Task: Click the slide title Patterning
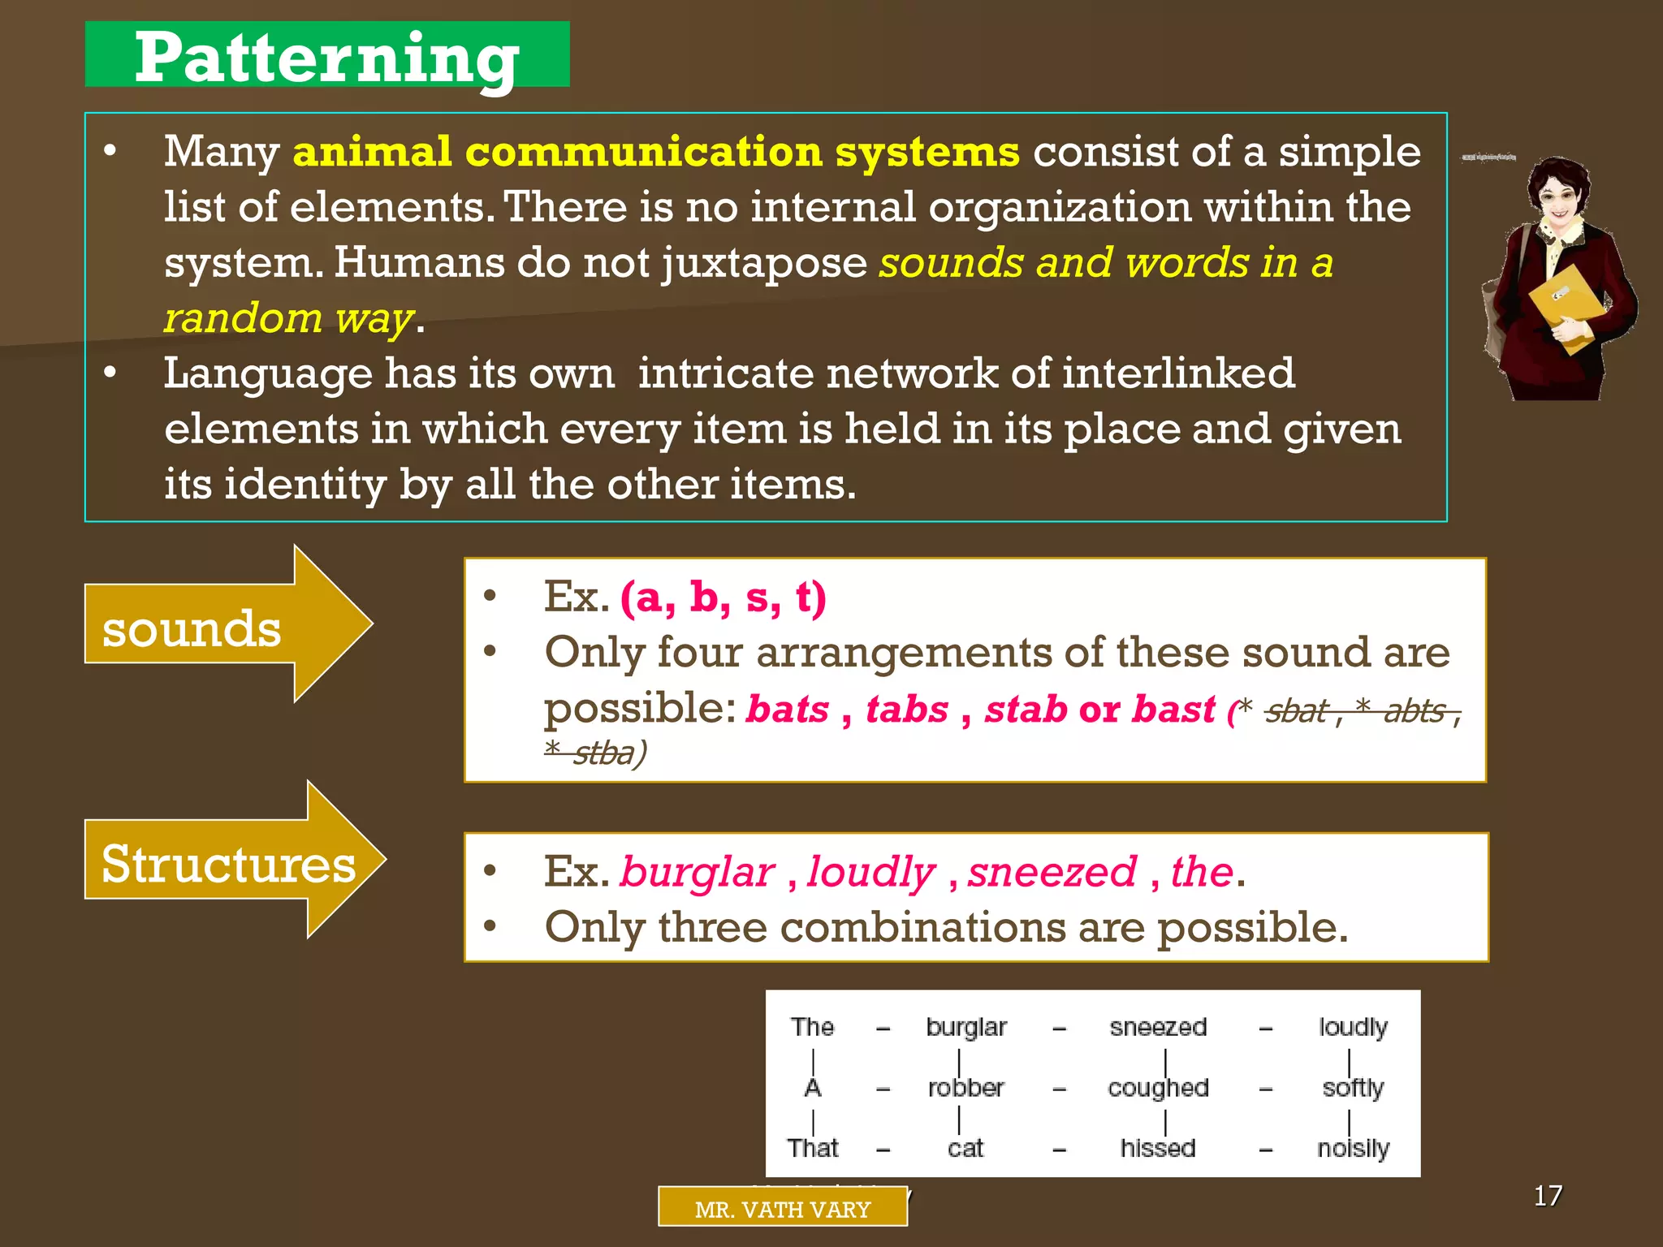[x=326, y=57]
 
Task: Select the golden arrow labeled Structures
[x=228, y=862]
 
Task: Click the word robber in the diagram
[x=965, y=1087]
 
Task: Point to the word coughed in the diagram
[x=1158, y=1088]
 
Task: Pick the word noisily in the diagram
[x=1353, y=1148]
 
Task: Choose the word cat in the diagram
[x=965, y=1148]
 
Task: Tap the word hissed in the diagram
[x=1158, y=1148]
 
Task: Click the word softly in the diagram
[x=1353, y=1088]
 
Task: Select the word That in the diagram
[x=812, y=1148]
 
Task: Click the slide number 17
[x=1548, y=1195]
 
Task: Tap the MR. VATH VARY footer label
[x=782, y=1209]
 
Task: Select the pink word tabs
[x=907, y=709]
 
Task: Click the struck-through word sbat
[x=1296, y=711]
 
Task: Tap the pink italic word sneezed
[x=1052, y=872]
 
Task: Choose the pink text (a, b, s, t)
[x=723, y=598]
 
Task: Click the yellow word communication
[x=644, y=152]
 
